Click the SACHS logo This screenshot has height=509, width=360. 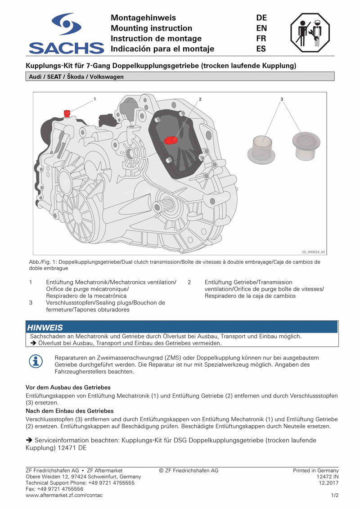pyautogui.click(x=66, y=34)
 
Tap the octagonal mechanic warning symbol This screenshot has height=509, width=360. pyautogui.click(x=310, y=33)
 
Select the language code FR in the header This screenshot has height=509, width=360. pyautogui.click(x=261, y=38)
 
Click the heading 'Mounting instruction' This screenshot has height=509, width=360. pyautogui.click(x=151, y=28)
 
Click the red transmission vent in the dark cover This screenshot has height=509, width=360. pyautogui.click(x=171, y=140)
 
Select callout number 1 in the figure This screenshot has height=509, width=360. pyautogui.click(x=94, y=98)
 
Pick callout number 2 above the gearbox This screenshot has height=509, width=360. pyautogui.click(x=200, y=98)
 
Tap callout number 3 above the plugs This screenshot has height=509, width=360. pyautogui.click(x=282, y=98)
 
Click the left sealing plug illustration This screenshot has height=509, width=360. pyautogui.click(x=261, y=149)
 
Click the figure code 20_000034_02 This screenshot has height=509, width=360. pyautogui.click(x=313, y=252)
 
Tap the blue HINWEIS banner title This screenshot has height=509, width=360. pyautogui.click(x=45, y=327)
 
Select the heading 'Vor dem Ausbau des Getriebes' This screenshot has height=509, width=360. pyautogui.click(x=68, y=387)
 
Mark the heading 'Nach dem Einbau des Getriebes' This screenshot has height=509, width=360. pyautogui.click(x=70, y=411)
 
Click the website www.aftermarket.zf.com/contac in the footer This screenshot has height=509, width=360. pyautogui.click(x=64, y=495)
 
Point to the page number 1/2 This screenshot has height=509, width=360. pyautogui.click(x=334, y=495)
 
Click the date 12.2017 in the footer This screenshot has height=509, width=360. pyautogui.click(x=328, y=483)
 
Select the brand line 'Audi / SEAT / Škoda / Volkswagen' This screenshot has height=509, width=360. pyautogui.click(x=76, y=77)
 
